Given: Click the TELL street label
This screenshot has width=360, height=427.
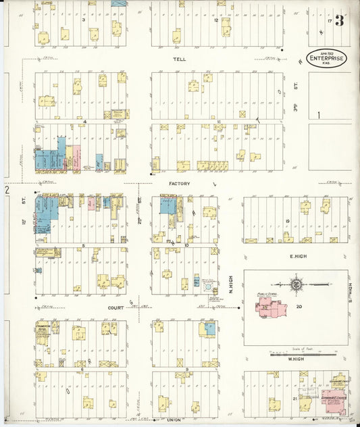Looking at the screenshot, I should pos(179,59).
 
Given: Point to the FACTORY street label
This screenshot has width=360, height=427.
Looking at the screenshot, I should pos(180,183).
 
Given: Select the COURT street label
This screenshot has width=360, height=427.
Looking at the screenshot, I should pos(115,307).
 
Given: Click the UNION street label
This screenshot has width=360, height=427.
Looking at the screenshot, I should pos(174,420).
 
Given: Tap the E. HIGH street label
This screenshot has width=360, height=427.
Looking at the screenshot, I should pos(299,257).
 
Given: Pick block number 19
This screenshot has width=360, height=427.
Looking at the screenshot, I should pos(287,221).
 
